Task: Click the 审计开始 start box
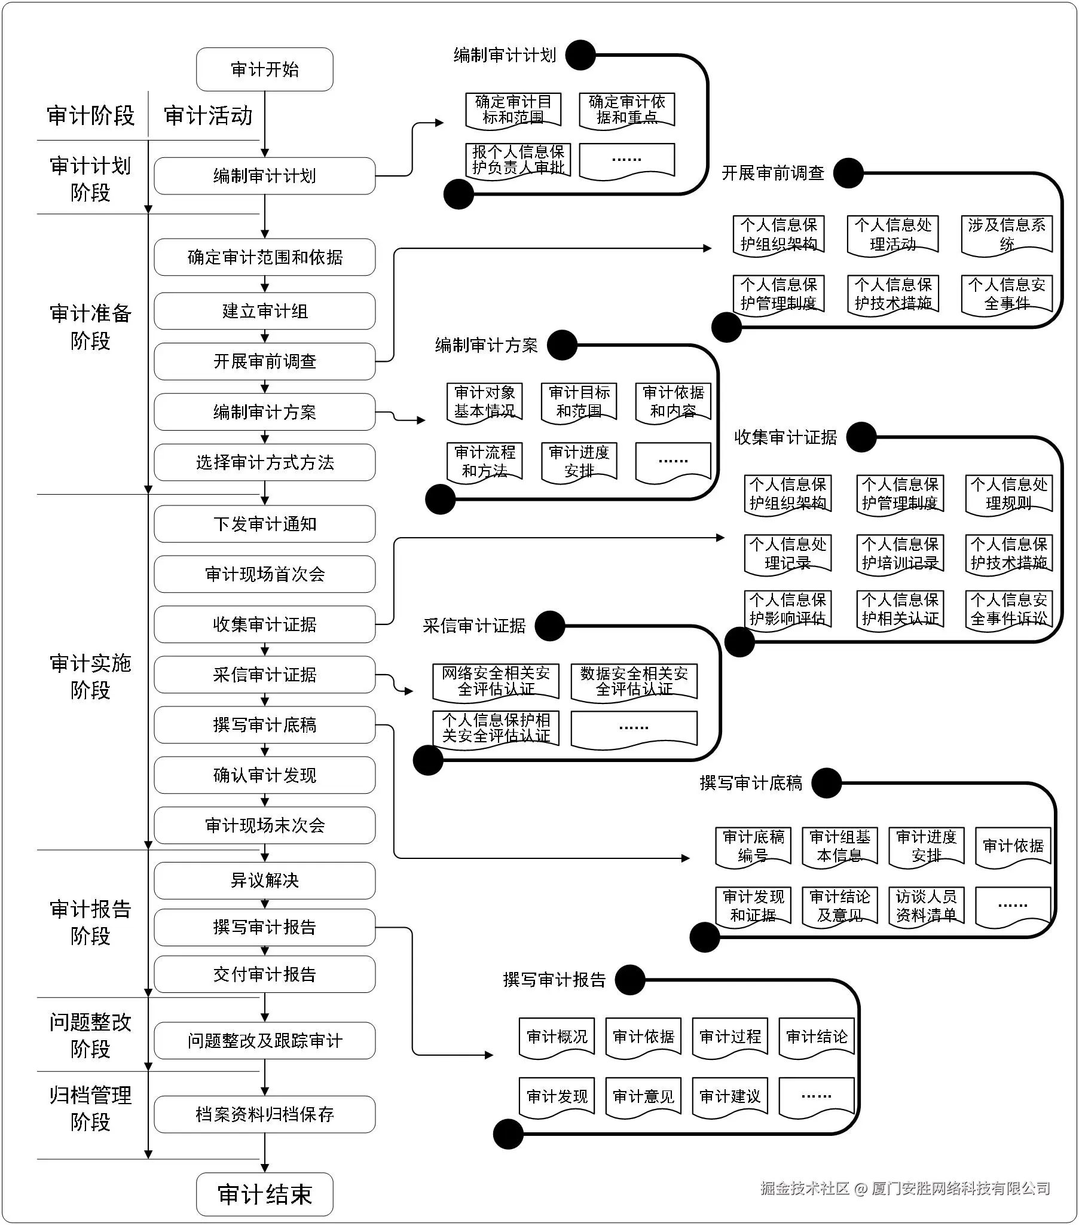point(264,69)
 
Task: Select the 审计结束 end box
point(264,1194)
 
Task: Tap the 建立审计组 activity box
point(264,311)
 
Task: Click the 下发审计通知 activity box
point(264,524)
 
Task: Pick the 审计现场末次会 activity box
point(264,825)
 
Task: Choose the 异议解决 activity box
point(264,880)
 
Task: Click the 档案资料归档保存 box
point(264,1114)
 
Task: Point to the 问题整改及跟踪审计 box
point(264,1041)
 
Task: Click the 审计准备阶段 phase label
point(90,327)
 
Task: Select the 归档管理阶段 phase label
point(90,1108)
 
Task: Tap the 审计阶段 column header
point(90,115)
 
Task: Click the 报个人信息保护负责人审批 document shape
point(518,161)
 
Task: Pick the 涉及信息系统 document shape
point(1007,235)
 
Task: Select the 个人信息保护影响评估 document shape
point(787,610)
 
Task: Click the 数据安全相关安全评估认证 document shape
point(634,682)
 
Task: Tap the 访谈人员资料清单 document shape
point(926,906)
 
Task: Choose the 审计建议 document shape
point(730,1097)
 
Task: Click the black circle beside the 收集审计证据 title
point(861,437)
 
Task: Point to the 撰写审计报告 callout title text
point(554,980)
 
